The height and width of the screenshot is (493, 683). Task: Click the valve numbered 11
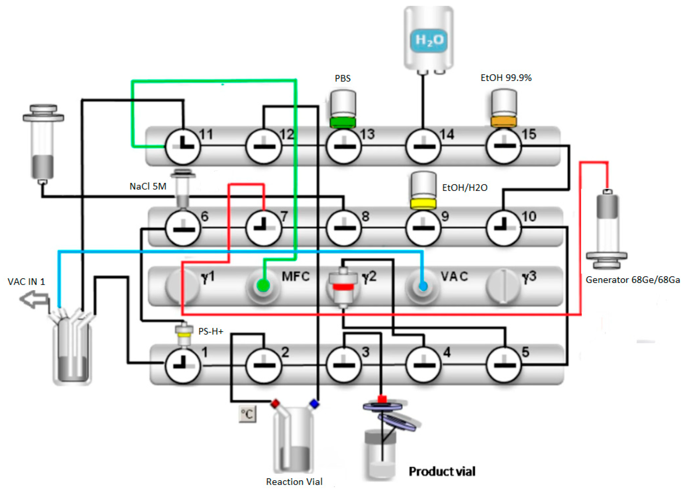[182, 147]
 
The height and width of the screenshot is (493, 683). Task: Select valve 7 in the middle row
[264, 228]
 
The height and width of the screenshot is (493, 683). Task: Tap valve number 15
[504, 146]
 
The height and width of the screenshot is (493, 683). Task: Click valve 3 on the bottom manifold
[344, 365]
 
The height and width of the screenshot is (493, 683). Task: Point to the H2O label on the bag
[429, 40]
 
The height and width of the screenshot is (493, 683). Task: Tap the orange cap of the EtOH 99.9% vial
[504, 121]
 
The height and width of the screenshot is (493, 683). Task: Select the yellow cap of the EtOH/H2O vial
[423, 204]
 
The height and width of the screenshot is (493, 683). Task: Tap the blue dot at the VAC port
[423, 286]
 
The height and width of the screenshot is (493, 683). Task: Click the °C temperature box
[247, 414]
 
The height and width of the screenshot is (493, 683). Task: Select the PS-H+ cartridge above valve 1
[184, 335]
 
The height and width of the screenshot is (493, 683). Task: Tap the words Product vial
[442, 471]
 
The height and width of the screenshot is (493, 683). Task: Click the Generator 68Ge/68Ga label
[632, 280]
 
